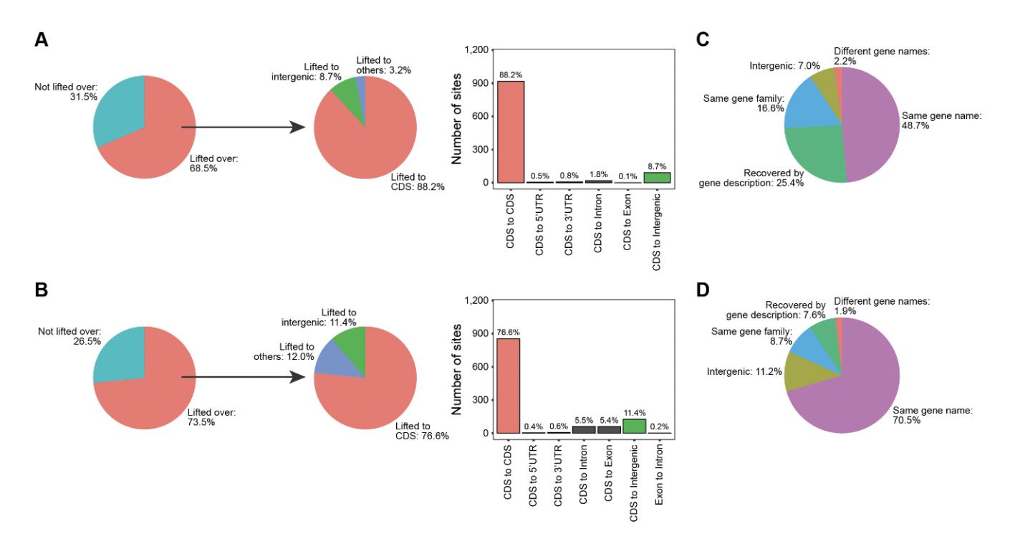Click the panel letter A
point(42,41)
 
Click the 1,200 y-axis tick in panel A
point(475,50)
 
